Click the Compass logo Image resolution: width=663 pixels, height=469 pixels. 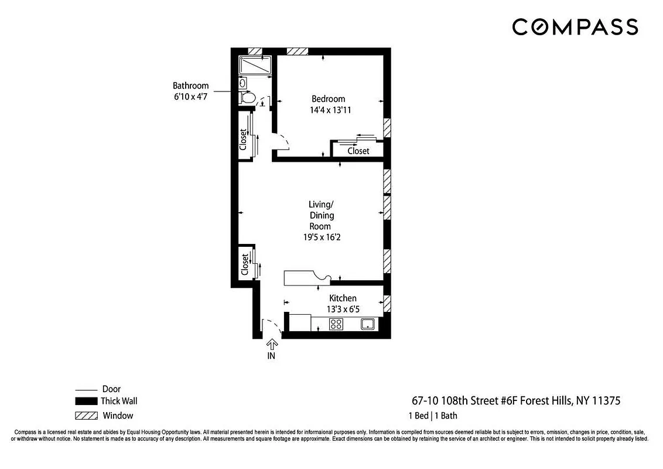pyautogui.click(x=575, y=27)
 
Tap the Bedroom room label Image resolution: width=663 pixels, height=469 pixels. pyautogui.click(x=328, y=99)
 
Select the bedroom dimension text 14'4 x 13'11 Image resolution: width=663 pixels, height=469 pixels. pyautogui.click(x=330, y=110)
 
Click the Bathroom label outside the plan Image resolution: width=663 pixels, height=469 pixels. pyautogui.click(x=190, y=86)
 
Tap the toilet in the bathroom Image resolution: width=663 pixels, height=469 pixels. pyautogui.click(x=248, y=98)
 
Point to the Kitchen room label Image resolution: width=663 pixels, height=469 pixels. pyautogui.click(x=343, y=298)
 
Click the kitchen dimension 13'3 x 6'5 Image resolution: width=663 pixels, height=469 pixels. pyautogui.click(x=343, y=309)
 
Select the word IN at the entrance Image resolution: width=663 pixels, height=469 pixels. pyautogui.click(x=272, y=355)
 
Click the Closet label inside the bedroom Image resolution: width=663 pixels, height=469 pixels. pyautogui.click(x=358, y=151)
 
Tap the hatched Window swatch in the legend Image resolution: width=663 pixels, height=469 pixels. pyautogui.click(x=87, y=416)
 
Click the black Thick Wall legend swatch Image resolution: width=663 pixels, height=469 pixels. pyautogui.click(x=87, y=402)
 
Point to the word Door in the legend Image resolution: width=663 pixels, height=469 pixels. pyautogui.click(x=111, y=389)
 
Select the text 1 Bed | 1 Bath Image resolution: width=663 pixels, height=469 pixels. pyautogui.click(x=433, y=416)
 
